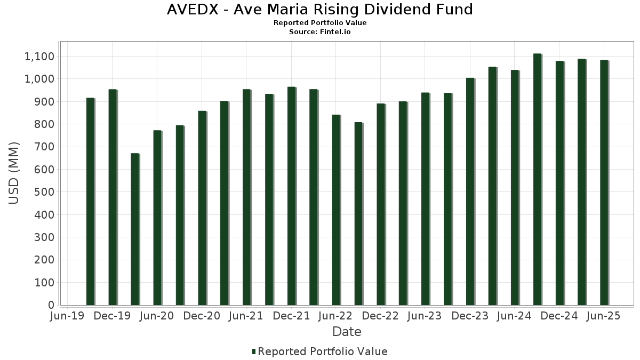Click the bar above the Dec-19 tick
[x=113, y=197]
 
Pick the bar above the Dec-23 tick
[x=470, y=191]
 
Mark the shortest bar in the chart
[x=135, y=229]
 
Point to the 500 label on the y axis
[x=45, y=192]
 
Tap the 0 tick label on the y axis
[x=51, y=305]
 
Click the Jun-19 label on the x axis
[x=67, y=316]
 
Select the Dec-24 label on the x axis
[x=559, y=316]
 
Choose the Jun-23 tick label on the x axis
[x=425, y=316]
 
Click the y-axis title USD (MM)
[x=14, y=173]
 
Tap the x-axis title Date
[x=347, y=332]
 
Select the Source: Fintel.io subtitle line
[x=320, y=32]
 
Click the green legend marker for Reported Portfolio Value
[x=254, y=351]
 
